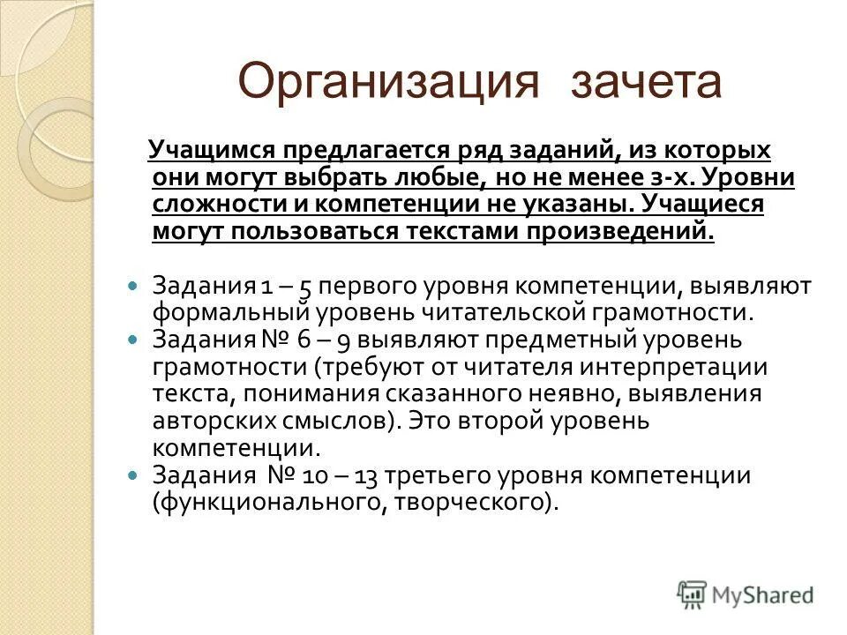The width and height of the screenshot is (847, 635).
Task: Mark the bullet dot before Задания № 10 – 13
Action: (133, 474)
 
